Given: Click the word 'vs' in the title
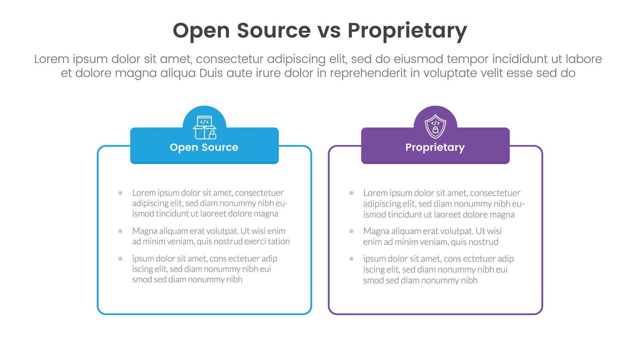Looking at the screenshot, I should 329,30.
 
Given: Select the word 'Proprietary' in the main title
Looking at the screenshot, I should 407,31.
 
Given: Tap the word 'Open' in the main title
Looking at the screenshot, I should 201,31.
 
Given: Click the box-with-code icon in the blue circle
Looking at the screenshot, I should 204,127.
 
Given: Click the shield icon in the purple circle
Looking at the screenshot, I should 435,126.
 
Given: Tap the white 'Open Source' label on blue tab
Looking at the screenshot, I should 204,147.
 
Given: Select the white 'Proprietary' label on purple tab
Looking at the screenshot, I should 435,147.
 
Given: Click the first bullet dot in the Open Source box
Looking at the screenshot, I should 120,193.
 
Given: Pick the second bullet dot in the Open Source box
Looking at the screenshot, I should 120,231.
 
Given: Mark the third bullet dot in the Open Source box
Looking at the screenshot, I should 120,259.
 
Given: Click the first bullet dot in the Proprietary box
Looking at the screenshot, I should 351,193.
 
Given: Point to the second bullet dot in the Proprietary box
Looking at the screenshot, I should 351,231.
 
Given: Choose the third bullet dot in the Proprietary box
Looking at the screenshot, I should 351,259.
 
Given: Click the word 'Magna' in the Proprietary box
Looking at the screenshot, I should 376,231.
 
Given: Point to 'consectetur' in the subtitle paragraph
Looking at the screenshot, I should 232,59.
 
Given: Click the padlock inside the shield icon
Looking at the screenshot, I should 435,130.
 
